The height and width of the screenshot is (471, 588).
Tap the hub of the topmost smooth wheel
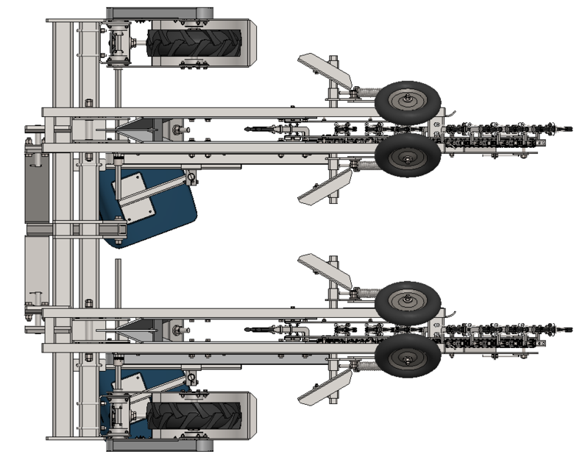pyautogui.click(x=407, y=102)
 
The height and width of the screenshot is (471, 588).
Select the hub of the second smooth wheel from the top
pyautogui.click(x=407, y=155)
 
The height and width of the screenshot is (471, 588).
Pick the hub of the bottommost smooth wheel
pyautogui.click(x=407, y=358)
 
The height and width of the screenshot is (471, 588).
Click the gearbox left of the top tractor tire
pyautogui.click(x=118, y=42)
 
